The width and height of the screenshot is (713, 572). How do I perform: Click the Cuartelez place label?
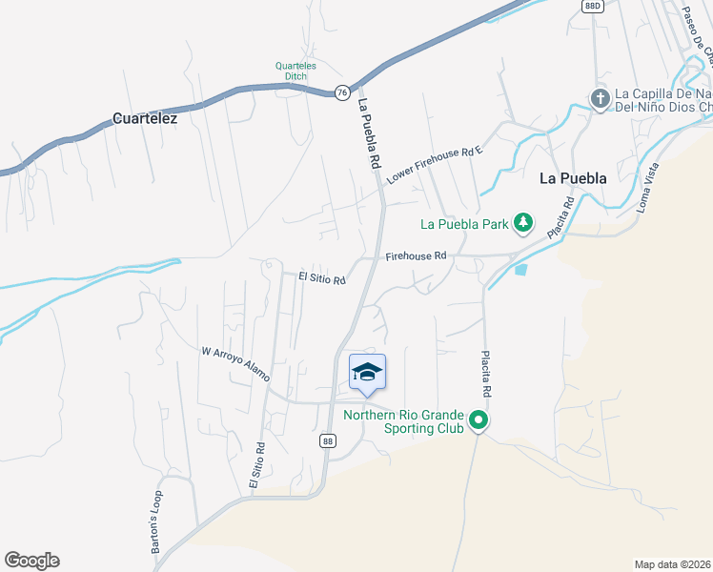(x=145, y=119)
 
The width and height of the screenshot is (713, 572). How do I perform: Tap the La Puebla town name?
(x=573, y=177)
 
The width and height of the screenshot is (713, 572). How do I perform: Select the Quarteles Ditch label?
(x=295, y=71)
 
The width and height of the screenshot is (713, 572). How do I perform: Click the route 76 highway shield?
(x=341, y=92)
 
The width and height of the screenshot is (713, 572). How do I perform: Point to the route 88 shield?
(x=328, y=439)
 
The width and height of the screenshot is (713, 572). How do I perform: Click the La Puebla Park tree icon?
(x=522, y=224)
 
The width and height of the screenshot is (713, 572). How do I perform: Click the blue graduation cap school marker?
(x=367, y=373)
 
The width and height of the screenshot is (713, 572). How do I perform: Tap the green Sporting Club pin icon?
(x=480, y=420)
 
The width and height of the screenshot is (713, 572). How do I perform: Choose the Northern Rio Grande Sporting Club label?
(x=403, y=421)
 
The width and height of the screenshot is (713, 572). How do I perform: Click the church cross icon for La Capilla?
(x=600, y=99)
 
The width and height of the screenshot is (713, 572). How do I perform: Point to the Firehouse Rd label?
(x=417, y=256)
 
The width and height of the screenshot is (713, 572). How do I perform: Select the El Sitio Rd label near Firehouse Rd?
(x=320, y=277)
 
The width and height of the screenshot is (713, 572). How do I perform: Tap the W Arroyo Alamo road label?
(x=235, y=364)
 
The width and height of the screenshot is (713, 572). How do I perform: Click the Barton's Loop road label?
(x=157, y=521)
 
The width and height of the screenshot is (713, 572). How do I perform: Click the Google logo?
(x=31, y=561)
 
